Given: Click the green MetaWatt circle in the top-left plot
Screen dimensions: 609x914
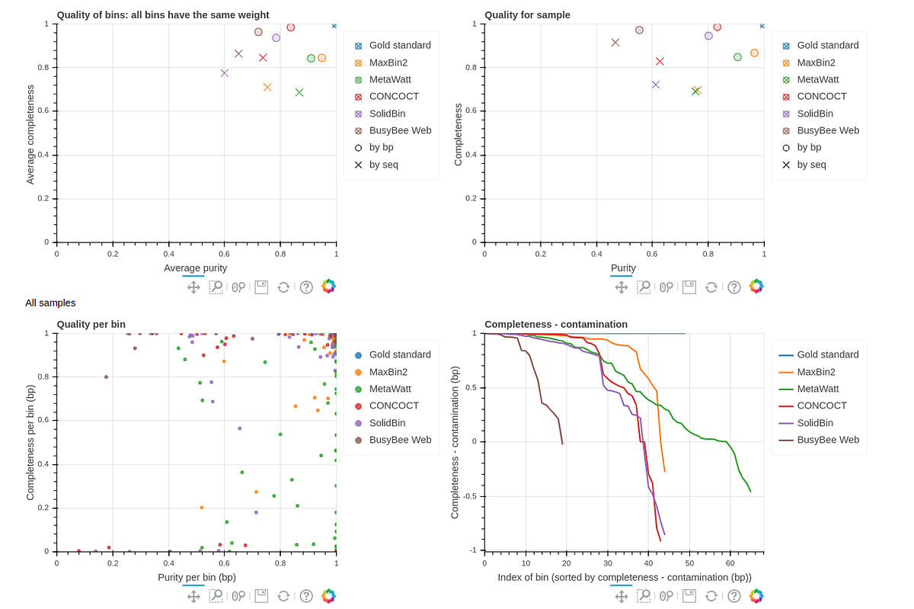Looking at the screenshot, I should click(x=311, y=59).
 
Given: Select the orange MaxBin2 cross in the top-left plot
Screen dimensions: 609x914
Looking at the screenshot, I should click(x=267, y=87).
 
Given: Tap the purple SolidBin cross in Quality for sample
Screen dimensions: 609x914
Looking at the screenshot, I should click(x=656, y=85).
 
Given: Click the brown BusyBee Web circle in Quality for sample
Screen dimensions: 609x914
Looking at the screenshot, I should click(x=640, y=30).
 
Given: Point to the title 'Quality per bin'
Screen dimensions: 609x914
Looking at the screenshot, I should click(x=91, y=324).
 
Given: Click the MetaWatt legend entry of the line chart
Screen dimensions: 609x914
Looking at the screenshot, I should click(x=818, y=389).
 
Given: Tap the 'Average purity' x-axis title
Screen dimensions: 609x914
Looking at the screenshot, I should click(x=196, y=268).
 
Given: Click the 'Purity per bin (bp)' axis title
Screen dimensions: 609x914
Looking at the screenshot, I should click(x=197, y=577).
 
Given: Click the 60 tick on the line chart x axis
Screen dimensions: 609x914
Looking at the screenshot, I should click(x=730, y=563).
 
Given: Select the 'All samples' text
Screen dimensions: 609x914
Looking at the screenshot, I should click(x=50, y=303).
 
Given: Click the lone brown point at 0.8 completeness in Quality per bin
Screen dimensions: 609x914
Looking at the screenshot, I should click(x=106, y=377).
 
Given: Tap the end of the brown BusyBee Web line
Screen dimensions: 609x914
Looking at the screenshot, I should click(x=562, y=444).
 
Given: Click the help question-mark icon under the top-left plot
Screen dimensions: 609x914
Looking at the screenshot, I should click(x=306, y=287).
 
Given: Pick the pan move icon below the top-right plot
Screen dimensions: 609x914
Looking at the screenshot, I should click(x=621, y=287).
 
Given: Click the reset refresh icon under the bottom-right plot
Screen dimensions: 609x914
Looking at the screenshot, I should click(x=711, y=596).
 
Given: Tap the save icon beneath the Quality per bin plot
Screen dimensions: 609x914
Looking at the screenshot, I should click(x=261, y=596).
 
